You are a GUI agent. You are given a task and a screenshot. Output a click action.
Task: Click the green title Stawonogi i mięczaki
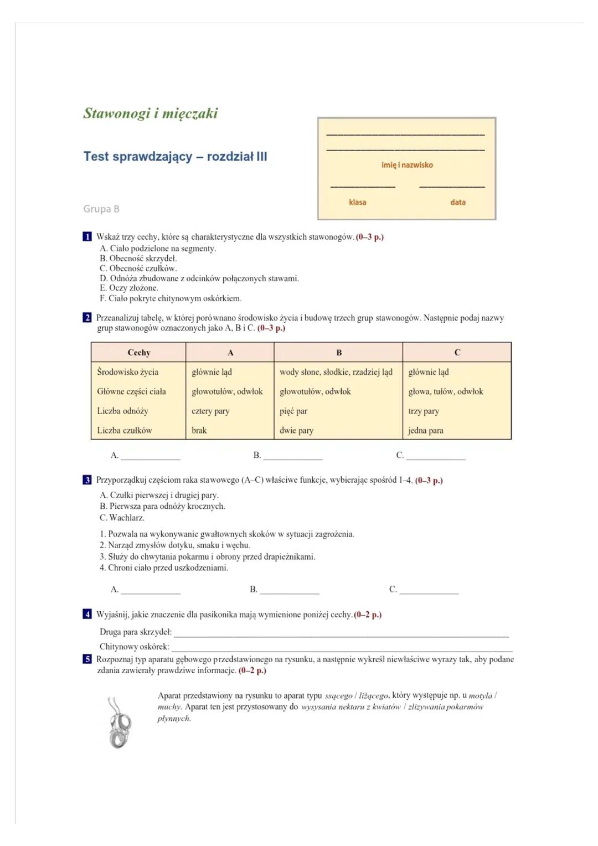pyautogui.click(x=151, y=114)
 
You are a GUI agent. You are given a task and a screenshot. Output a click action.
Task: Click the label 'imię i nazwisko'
pyautogui.click(x=407, y=165)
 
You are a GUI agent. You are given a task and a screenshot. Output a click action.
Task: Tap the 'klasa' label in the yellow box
pyautogui.click(x=357, y=202)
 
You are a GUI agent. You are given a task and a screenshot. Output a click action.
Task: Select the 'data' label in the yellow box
pyautogui.click(x=458, y=202)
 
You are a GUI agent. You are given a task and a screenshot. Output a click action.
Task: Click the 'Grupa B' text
pyautogui.click(x=101, y=209)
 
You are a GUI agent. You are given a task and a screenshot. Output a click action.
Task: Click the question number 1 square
pyautogui.click(x=87, y=237)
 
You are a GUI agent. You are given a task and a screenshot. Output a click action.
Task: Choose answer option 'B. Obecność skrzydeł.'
pyautogui.click(x=138, y=258)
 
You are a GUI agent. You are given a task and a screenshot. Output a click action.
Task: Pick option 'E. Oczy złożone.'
pyautogui.click(x=129, y=288)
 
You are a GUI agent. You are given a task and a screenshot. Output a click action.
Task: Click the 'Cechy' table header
pyautogui.click(x=138, y=353)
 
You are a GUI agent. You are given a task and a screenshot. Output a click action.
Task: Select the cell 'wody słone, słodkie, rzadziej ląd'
pyautogui.click(x=336, y=372)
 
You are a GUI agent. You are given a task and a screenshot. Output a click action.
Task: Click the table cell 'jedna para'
pyautogui.click(x=426, y=430)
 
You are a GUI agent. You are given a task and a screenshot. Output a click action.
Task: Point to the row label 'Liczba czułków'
pyautogui.click(x=125, y=430)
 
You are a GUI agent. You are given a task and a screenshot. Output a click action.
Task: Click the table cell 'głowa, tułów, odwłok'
pyautogui.click(x=446, y=391)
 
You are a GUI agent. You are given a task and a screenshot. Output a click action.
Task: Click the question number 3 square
pyautogui.click(x=87, y=480)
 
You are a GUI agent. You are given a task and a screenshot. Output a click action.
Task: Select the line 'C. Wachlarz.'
pyautogui.click(x=122, y=518)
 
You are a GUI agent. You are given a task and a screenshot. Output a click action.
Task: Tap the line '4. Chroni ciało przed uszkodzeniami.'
pyautogui.click(x=164, y=568)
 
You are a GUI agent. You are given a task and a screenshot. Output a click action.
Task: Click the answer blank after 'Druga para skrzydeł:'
pyautogui.click(x=341, y=633)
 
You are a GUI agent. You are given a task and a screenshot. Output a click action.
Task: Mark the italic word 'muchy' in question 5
pyautogui.click(x=169, y=707)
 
